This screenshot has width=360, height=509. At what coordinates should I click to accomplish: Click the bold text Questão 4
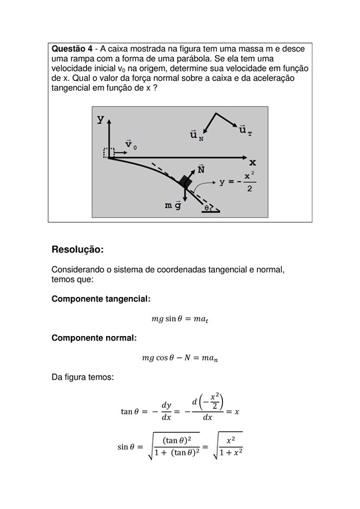(x=71, y=49)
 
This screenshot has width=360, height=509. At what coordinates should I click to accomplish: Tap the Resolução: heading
(x=78, y=250)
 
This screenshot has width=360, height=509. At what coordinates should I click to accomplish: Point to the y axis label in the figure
(x=100, y=120)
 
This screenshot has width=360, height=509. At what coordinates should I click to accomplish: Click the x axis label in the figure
(x=253, y=162)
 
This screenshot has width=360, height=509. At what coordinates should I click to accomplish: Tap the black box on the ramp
(x=185, y=182)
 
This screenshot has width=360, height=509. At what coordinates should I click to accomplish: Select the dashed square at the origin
(x=108, y=152)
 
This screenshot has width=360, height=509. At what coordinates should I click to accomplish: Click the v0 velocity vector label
(x=131, y=144)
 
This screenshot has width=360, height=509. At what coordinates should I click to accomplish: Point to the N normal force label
(x=201, y=170)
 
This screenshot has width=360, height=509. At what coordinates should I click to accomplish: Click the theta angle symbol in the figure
(x=207, y=207)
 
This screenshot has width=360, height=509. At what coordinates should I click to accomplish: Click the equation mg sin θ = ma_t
(x=180, y=319)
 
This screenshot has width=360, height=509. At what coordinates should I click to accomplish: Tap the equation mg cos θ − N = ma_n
(x=180, y=358)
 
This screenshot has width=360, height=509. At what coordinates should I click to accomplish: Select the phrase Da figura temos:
(x=82, y=377)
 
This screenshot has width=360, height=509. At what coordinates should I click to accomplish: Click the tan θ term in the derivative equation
(x=131, y=412)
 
